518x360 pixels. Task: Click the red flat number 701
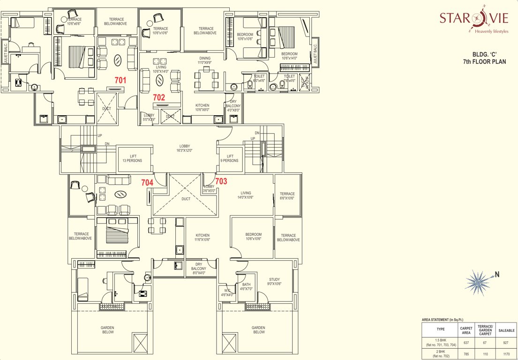120,80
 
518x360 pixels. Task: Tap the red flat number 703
221,181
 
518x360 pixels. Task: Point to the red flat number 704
148,183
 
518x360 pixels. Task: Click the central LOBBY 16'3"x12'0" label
184,149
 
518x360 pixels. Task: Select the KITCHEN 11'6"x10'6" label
203,237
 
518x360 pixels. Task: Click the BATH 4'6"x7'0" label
246,286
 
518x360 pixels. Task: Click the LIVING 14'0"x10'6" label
246,195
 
